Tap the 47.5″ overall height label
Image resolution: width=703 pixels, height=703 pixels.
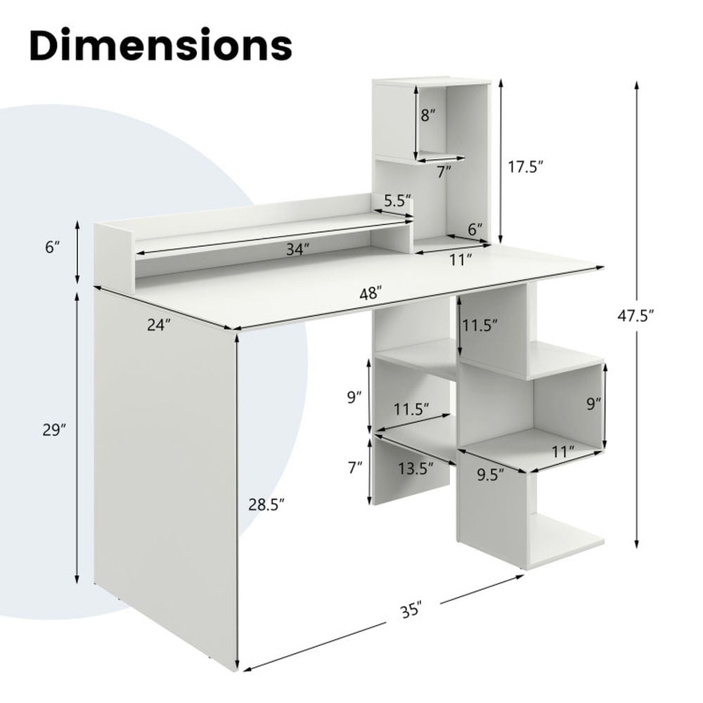[636, 316]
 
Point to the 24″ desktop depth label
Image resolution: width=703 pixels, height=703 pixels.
[160, 325]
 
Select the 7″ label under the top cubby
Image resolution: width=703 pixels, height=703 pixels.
[443, 170]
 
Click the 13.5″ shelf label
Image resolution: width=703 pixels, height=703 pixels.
[413, 469]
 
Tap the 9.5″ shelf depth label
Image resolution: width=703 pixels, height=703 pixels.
[491, 475]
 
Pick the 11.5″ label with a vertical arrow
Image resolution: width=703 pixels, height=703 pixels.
[480, 325]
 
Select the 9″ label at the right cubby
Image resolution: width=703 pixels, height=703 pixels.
[594, 404]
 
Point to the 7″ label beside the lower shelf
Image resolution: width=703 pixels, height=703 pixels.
[356, 466]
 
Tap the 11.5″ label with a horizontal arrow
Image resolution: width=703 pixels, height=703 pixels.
[413, 408]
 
